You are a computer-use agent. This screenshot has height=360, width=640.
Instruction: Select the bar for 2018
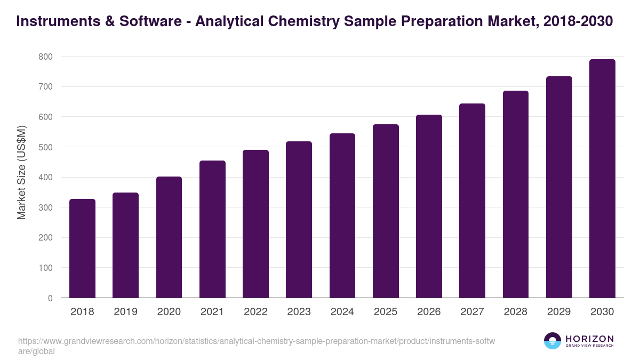(x=82, y=249)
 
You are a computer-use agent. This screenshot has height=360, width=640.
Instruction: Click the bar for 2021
(x=212, y=229)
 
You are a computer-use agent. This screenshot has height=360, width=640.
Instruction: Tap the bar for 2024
(x=342, y=215)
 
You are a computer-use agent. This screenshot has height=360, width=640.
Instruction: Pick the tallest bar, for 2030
(x=602, y=179)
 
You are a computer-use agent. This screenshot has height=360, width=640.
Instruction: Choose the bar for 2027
(x=472, y=201)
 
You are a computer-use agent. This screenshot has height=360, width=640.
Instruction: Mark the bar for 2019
(x=125, y=245)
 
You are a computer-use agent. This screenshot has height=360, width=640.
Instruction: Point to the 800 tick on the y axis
(x=45, y=57)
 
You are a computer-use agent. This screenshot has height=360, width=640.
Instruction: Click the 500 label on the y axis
(x=45, y=147)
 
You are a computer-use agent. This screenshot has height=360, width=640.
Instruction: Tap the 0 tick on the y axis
(x=50, y=298)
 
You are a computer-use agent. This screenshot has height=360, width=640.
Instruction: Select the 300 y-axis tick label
(x=45, y=207)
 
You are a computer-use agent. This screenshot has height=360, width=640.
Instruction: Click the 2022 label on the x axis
(x=255, y=312)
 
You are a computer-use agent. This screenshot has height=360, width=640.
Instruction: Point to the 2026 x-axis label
(x=429, y=312)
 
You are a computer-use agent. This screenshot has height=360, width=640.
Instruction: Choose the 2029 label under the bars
(x=559, y=312)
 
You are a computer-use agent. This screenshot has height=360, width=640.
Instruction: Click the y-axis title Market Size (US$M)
(x=21, y=172)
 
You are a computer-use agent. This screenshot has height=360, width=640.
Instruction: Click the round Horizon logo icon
(x=553, y=341)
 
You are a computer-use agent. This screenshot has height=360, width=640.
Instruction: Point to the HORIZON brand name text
(x=589, y=339)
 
